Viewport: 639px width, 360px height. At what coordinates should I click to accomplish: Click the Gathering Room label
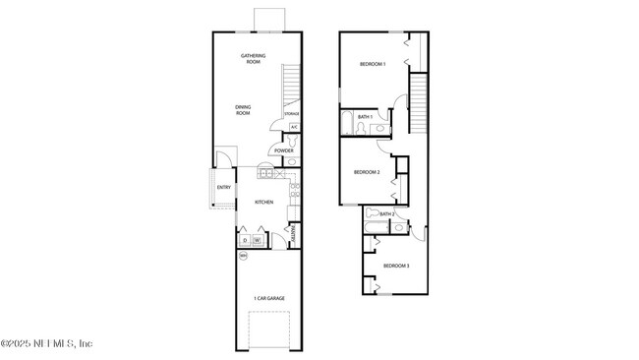253,59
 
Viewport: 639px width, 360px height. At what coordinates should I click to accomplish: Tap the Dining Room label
243,110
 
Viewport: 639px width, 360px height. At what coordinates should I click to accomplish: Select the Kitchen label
264,203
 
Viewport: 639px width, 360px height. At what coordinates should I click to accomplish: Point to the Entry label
223,188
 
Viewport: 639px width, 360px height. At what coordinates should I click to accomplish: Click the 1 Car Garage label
268,298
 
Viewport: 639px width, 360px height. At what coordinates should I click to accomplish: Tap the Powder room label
284,150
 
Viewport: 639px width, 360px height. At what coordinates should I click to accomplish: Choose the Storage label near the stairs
292,115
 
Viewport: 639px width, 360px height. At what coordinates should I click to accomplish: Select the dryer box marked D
245,239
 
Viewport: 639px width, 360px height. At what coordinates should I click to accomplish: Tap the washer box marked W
258,239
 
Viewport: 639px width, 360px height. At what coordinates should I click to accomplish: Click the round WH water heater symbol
244,257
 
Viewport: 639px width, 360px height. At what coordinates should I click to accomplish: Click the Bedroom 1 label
372,64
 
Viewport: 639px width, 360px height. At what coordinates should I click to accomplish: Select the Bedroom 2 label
367,172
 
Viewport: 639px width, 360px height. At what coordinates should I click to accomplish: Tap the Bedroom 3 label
396,266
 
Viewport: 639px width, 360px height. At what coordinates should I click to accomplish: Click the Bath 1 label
365,117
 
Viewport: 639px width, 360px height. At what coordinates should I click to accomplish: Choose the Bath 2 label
386,213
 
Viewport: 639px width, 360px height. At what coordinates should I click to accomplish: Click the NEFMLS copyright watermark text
46,344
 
